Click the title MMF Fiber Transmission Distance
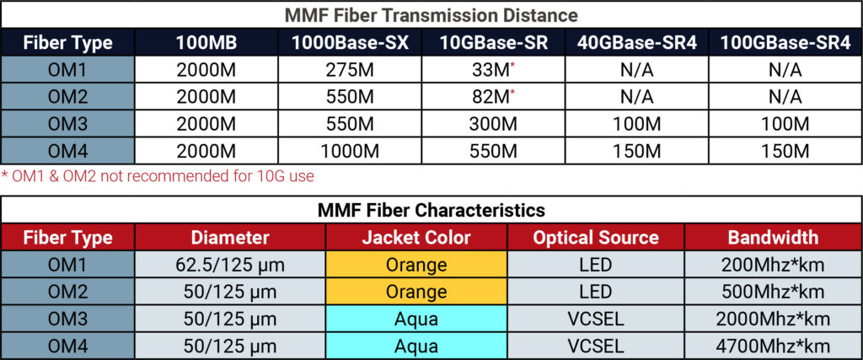[431, 14]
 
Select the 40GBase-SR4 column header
[636, 43]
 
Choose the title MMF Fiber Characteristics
[431, 209]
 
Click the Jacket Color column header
[416, 238]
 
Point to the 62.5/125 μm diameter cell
[231, 265]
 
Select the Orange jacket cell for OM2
[416, 292]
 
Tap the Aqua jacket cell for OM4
[416, 346]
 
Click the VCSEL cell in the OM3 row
[595, 319]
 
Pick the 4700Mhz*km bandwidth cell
[773, 346]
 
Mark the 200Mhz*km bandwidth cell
[773, 265]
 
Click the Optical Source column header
[595, 238]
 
